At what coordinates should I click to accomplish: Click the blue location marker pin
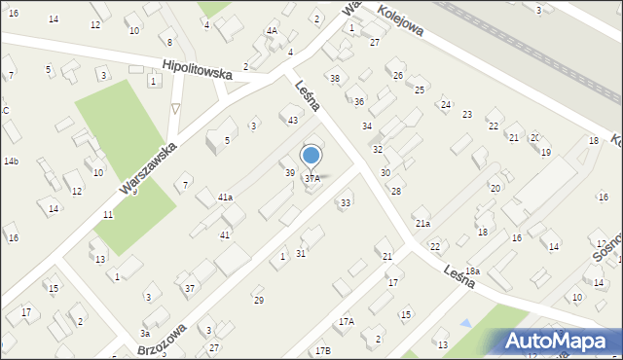tap(311, 157)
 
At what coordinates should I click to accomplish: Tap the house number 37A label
tap(311, 179)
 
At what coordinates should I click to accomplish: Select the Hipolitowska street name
tap(198, 72)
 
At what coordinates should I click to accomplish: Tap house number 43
tap(292, 120)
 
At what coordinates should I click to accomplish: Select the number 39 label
tap(289, 172)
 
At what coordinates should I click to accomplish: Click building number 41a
tap(225, 198)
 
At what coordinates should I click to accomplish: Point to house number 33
tap(345, 202)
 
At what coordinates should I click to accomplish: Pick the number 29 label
tap(259, 300)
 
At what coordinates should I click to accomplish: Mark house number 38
tap(335, 78)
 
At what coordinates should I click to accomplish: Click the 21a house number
tap(422, 224)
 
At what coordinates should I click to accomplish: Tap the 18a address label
tap(472, 270)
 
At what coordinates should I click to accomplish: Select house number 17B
tap(322, 350)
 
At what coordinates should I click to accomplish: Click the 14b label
tap(11, 161)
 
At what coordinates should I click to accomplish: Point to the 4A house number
tap(272, 31)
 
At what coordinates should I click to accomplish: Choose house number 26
tap(397, 75)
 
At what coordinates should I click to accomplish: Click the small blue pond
tap(464, 322)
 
